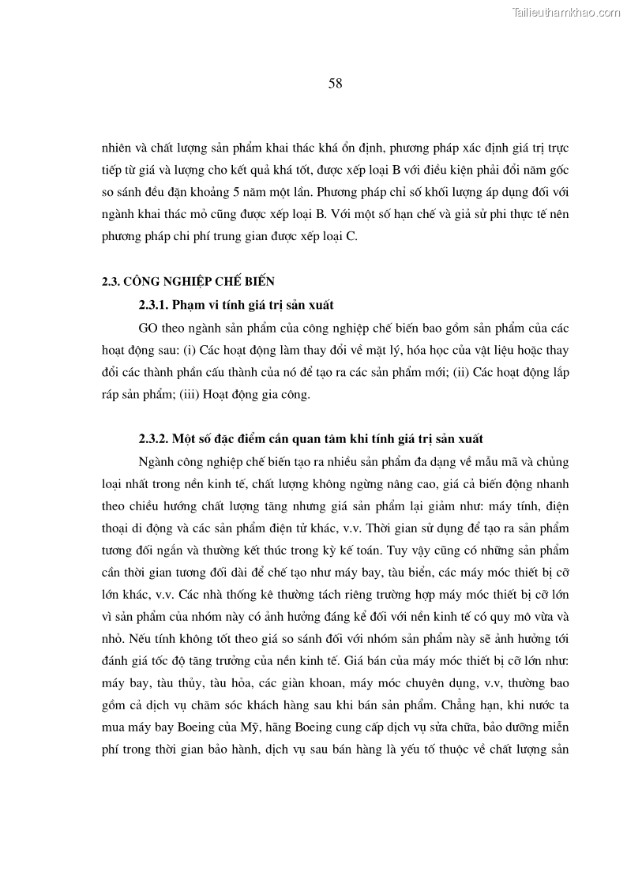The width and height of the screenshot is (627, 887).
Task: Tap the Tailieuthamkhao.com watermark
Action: pos(567,12)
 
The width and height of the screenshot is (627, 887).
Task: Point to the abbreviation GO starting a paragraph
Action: pos(148,328)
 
